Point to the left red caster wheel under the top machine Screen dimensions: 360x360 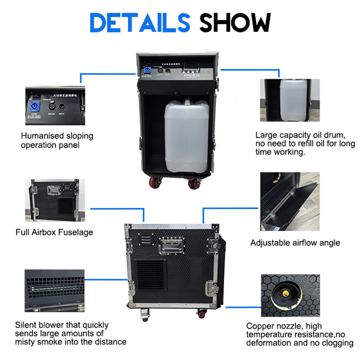154,182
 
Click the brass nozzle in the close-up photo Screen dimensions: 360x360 284,292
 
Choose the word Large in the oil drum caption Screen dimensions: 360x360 265,135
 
